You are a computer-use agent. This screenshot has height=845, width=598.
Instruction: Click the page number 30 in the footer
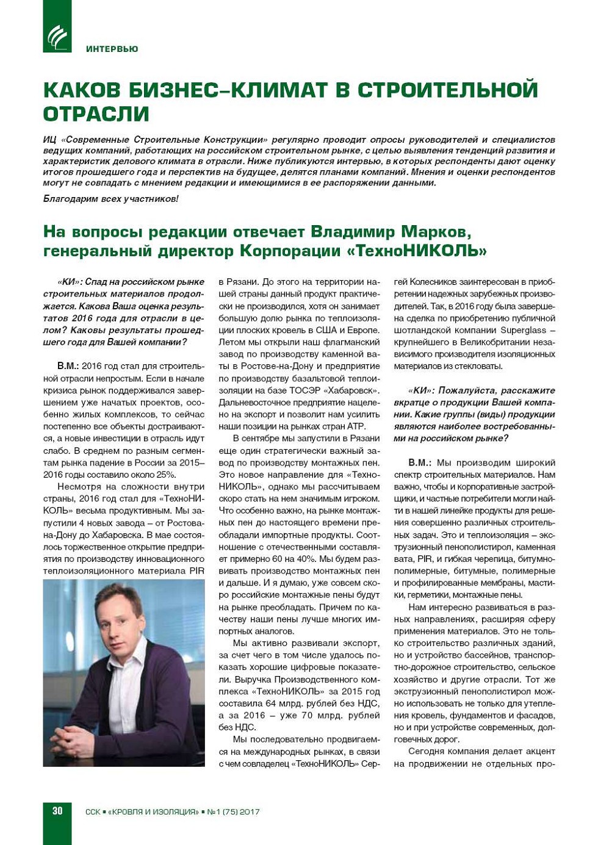click(x=57, y=811)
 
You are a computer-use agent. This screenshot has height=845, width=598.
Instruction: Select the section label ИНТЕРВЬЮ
click(x=112, y=49)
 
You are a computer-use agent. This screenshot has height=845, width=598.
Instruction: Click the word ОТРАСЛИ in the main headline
click(x=96, y=114)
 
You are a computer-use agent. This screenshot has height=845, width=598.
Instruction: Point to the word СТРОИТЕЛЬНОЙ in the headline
click(x=448, y=90)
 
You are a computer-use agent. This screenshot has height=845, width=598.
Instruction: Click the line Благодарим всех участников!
click(x=111, y=199)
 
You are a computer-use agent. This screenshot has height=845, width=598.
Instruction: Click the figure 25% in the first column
click(x=165, y=475)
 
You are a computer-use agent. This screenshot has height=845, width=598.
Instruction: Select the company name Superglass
click(x=524, y=330)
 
